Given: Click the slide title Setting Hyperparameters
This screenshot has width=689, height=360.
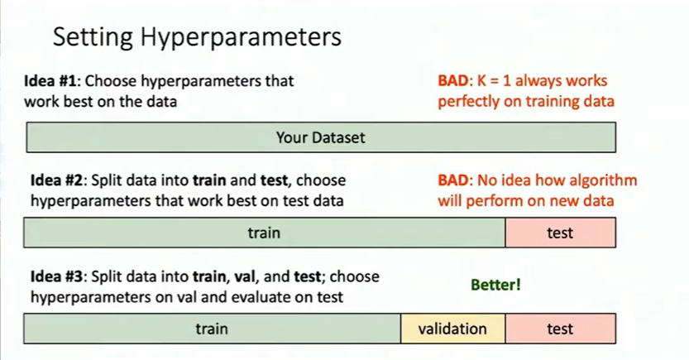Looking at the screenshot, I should [197, 38].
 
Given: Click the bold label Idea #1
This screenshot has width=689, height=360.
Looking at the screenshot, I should [52, 81].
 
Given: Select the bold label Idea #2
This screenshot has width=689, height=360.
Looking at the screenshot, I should [59, 180].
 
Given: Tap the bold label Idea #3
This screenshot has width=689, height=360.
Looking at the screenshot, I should [59, 277].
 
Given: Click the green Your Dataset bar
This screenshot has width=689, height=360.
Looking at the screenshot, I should [320, 137].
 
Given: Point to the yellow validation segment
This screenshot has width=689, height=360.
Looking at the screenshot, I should [452, 329].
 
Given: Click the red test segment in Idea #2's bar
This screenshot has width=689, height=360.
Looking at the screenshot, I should [560, 233].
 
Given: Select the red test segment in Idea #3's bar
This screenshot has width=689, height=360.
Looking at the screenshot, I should [560, 329].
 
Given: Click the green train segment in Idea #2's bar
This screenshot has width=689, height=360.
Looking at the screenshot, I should [264, 233].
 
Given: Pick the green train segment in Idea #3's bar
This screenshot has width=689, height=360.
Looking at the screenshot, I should [212, 329].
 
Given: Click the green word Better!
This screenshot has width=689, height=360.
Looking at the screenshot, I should [496, 285].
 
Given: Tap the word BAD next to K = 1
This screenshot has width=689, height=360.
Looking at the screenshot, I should [454, 81].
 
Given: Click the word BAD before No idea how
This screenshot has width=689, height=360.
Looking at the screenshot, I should [454, 180].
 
